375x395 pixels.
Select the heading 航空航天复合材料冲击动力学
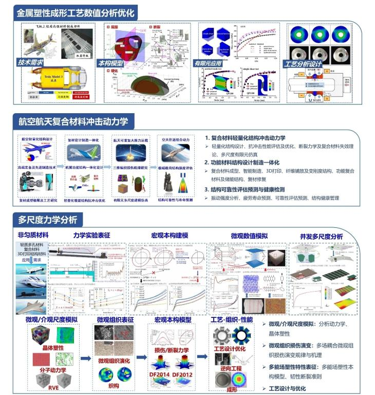click(x=74, y=122)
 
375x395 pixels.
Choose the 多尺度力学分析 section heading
click(x=48, y=220)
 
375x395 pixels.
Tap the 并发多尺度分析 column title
click(x=321, y=236)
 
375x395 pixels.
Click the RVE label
click(x=45, y=387)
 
